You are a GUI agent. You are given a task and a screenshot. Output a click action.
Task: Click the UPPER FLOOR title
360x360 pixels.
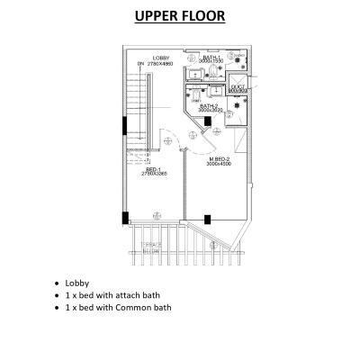(179, 15)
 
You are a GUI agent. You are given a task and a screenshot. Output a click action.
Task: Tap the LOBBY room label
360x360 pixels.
(162, 58)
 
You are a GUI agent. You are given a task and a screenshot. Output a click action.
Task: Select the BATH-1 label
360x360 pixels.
(212, 57)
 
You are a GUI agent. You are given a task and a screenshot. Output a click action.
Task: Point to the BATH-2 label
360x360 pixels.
(209, 105)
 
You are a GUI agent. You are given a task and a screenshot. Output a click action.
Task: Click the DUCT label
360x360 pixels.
(237, 86)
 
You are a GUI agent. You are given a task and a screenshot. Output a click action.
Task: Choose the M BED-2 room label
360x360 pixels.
(219, 159)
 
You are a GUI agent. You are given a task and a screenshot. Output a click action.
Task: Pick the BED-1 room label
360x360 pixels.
(153, 168)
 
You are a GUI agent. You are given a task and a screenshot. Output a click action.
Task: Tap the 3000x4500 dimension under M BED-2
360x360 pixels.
(219, 165)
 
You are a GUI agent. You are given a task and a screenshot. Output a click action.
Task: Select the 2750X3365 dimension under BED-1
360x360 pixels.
(153, 174)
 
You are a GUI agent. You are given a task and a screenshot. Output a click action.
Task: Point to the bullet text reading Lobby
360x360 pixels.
(77, 283)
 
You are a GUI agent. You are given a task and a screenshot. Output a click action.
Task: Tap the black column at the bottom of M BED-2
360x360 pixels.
(209, 218)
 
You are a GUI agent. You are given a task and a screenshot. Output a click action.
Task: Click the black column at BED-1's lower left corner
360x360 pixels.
(126, 217)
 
